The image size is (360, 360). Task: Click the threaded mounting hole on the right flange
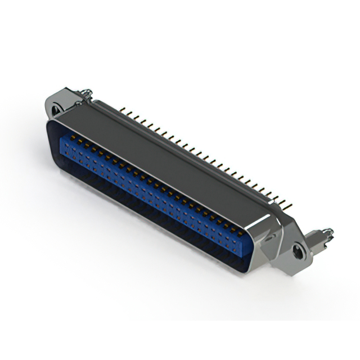pyautogui.click(x=298, y=251)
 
